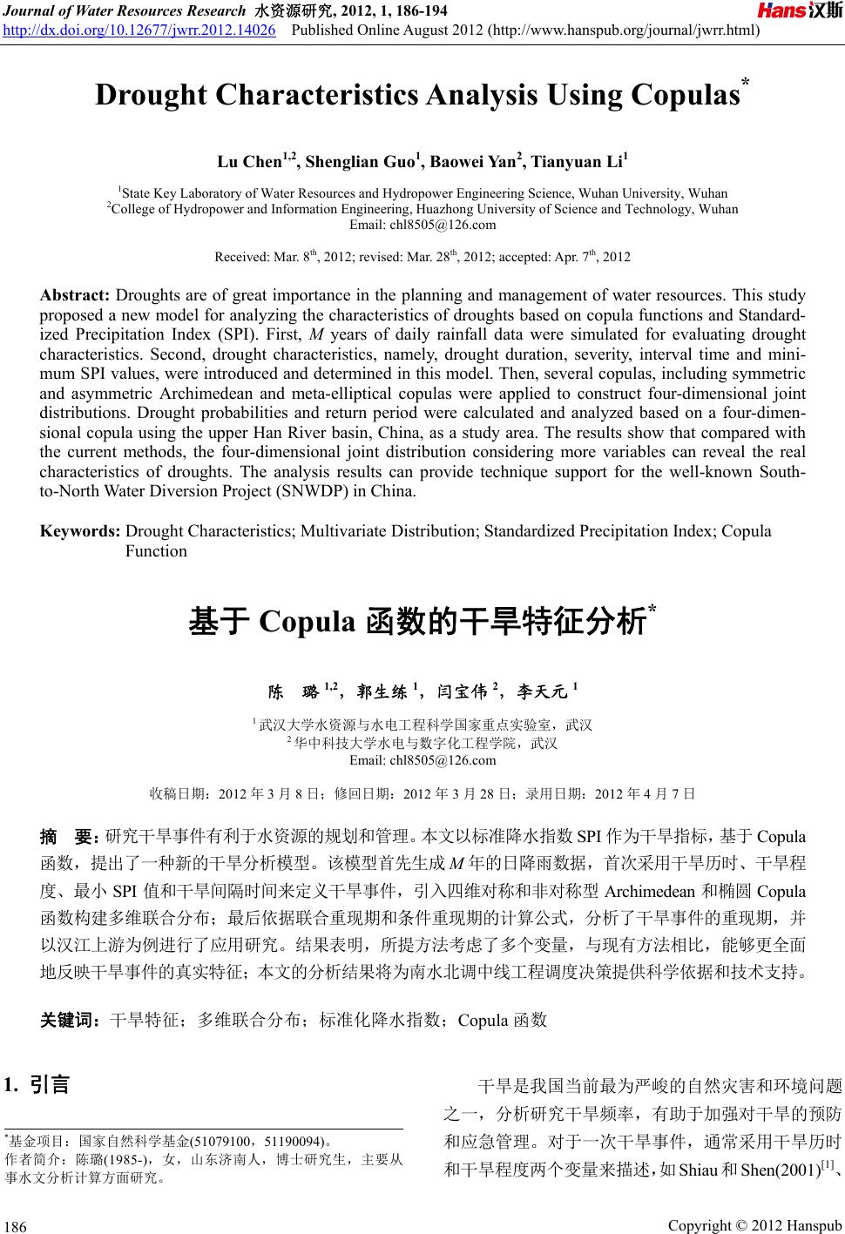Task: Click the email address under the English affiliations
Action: click(422, 225)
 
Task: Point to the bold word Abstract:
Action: click(76, 295)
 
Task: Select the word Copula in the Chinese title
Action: click(306, 624)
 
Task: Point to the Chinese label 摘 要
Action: click(71, 838)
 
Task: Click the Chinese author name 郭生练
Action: click(382, 693)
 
